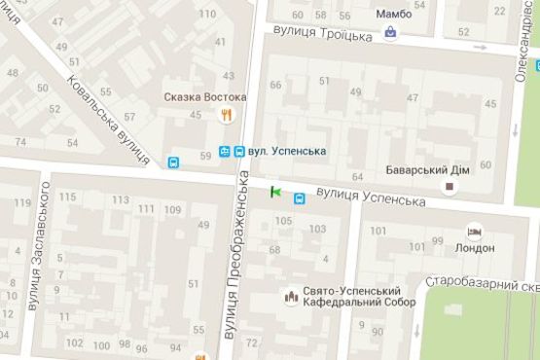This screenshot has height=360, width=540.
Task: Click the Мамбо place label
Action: (x=394, y=14)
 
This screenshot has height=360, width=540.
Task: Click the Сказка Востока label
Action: (x=204, y=97)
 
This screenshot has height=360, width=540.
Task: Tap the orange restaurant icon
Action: (x=227, y=115)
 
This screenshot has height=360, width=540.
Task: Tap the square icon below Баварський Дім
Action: (x=450, y=185)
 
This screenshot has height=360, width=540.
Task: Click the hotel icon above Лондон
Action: (x=474, y=231)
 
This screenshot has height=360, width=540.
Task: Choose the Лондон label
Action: (x=474, y=248)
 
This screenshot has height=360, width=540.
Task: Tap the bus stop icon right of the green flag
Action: (x=299, y=198)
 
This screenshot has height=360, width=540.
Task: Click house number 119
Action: (x=21, y=203)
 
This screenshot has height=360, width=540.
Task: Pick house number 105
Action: (x=283, y=221)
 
